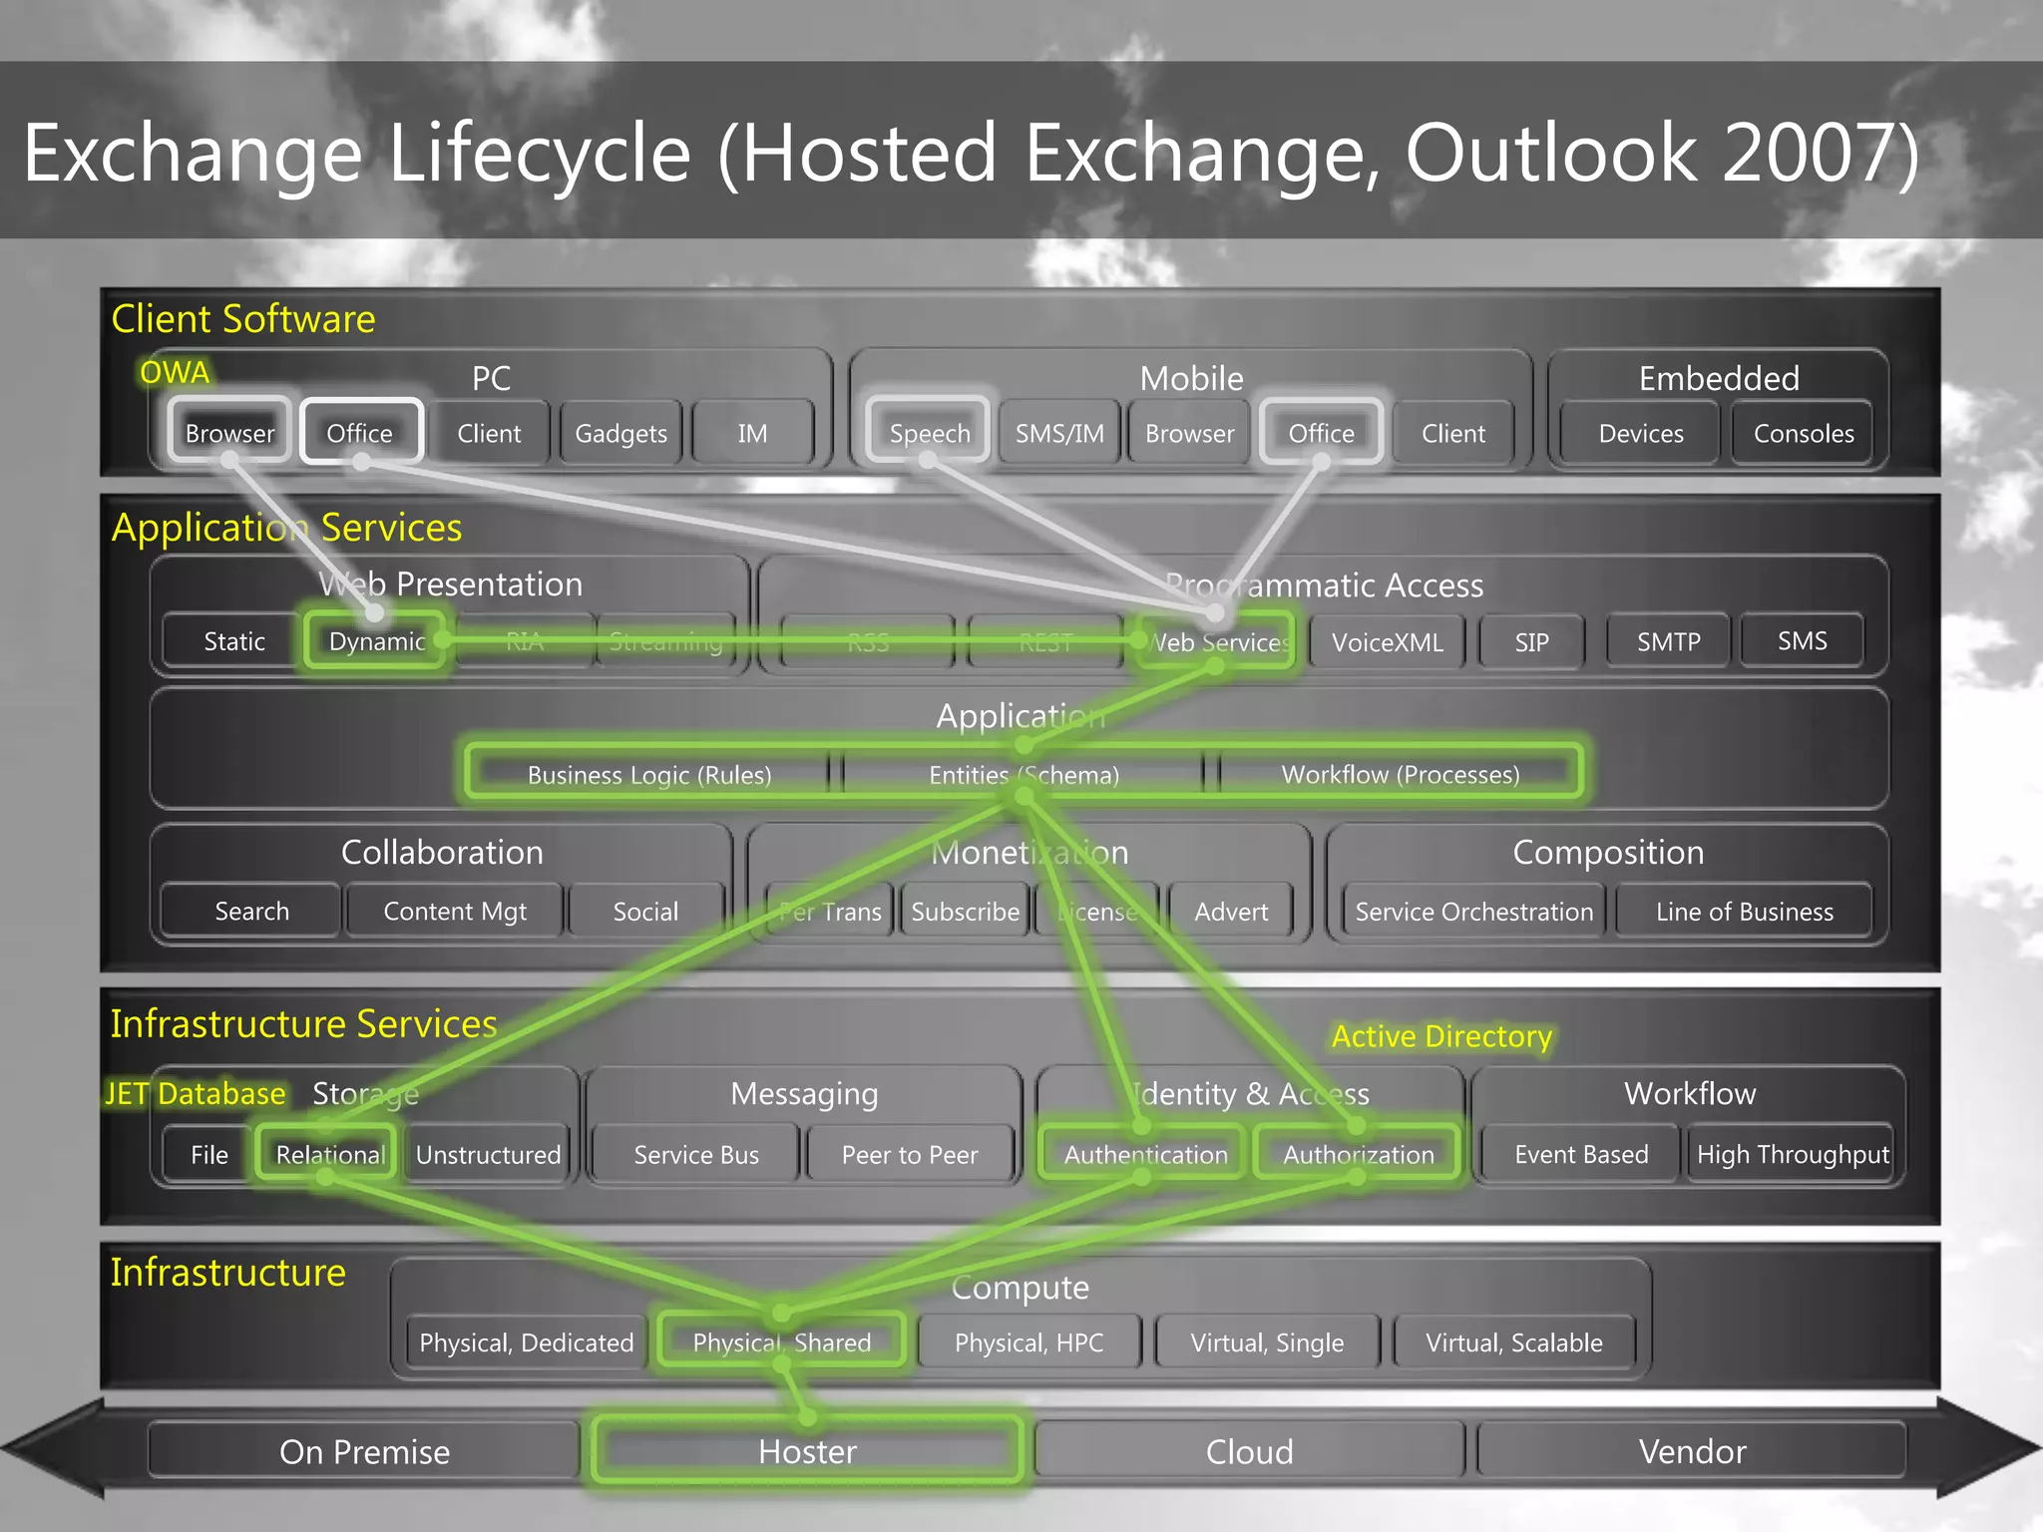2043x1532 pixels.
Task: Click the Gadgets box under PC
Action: [620, 434]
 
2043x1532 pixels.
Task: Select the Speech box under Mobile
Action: [929, 434]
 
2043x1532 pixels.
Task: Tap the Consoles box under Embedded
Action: [1804, 434]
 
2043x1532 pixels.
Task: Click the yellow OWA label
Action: [175, 373]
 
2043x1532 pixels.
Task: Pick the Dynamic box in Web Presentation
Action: [376, 641]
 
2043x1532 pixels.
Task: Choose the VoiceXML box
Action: [1387, 642]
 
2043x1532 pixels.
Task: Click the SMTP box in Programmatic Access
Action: [1668, 641]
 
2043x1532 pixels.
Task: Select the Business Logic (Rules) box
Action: [648, 775]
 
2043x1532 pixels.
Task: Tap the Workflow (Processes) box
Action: [1400, 775]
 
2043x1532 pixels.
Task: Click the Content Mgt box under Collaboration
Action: [455, 912]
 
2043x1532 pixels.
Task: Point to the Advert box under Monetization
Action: [1231, 912]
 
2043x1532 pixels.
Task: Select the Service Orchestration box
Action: [1473, 912]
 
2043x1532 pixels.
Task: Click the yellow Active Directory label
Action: [1441, 1037]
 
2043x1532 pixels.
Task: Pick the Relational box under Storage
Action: [329, 1155]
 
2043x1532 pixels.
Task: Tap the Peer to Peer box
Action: [909, 1155]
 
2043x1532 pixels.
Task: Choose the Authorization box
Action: [1358, 1155]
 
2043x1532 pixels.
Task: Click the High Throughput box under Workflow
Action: [1793, 1155]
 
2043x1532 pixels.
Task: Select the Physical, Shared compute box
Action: [781, 1342]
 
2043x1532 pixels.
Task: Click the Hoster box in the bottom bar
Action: [807, 1451]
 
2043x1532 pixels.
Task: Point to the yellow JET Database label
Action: [196, 1094]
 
